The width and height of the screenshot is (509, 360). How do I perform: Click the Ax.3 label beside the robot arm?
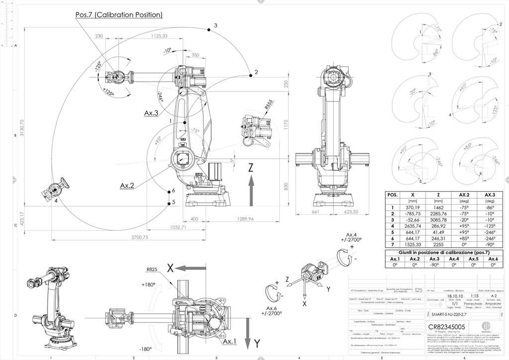click(x=151, y=113)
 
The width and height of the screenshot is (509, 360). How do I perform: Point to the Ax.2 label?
click(x=127, y=185)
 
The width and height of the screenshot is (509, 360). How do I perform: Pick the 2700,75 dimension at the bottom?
click(x=140, y=238)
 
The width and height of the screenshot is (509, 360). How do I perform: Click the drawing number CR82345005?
click(x=446, y=327)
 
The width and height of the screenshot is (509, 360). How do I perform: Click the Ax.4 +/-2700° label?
click(x=352, y=238)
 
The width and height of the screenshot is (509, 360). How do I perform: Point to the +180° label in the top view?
click(x=148, y=285)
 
